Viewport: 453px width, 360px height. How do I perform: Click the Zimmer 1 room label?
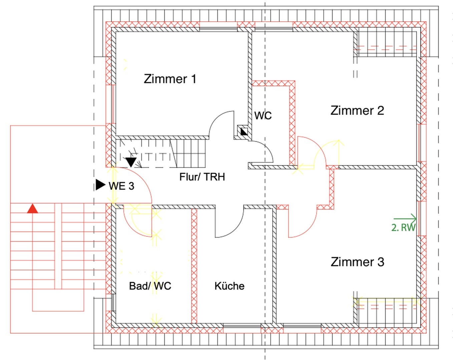170,79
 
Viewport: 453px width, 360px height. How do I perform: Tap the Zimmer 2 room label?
357,110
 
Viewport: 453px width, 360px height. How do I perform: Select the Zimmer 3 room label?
358,262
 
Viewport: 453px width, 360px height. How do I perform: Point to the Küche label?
230,286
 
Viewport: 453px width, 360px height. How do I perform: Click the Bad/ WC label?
150,286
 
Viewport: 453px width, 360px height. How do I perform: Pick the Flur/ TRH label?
202,177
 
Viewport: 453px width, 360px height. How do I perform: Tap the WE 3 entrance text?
121,186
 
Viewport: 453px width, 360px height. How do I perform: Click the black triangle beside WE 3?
100,185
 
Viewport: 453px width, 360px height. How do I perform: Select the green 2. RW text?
403,228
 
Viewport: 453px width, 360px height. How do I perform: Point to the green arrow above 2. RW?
405,218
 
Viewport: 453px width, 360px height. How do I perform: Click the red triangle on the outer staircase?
32,209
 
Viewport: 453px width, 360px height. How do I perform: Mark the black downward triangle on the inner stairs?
131,162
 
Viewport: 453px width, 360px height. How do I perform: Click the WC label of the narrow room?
263,116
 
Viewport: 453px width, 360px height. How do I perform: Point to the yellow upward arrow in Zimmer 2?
339,153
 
